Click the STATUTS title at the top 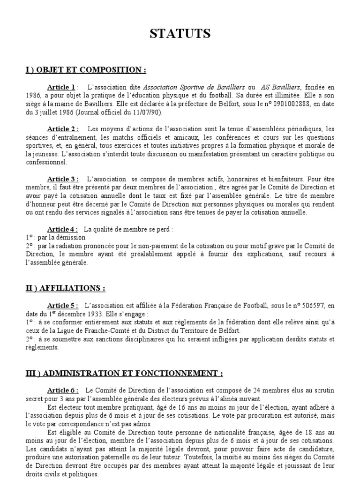tap(180, 34)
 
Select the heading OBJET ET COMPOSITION tap(86, 70)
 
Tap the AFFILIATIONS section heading tap(65, 288)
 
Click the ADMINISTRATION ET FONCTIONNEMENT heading tap(124, 373)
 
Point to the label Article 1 tap(61, 87)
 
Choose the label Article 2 tap(63, 129)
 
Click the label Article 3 tap(63, 179)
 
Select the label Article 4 tap(63, 229)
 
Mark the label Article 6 tap(63, 390)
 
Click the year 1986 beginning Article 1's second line tap(33, 96)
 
